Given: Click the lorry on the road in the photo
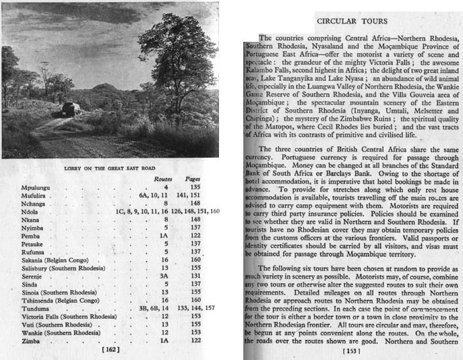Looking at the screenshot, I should pos(71,110).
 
